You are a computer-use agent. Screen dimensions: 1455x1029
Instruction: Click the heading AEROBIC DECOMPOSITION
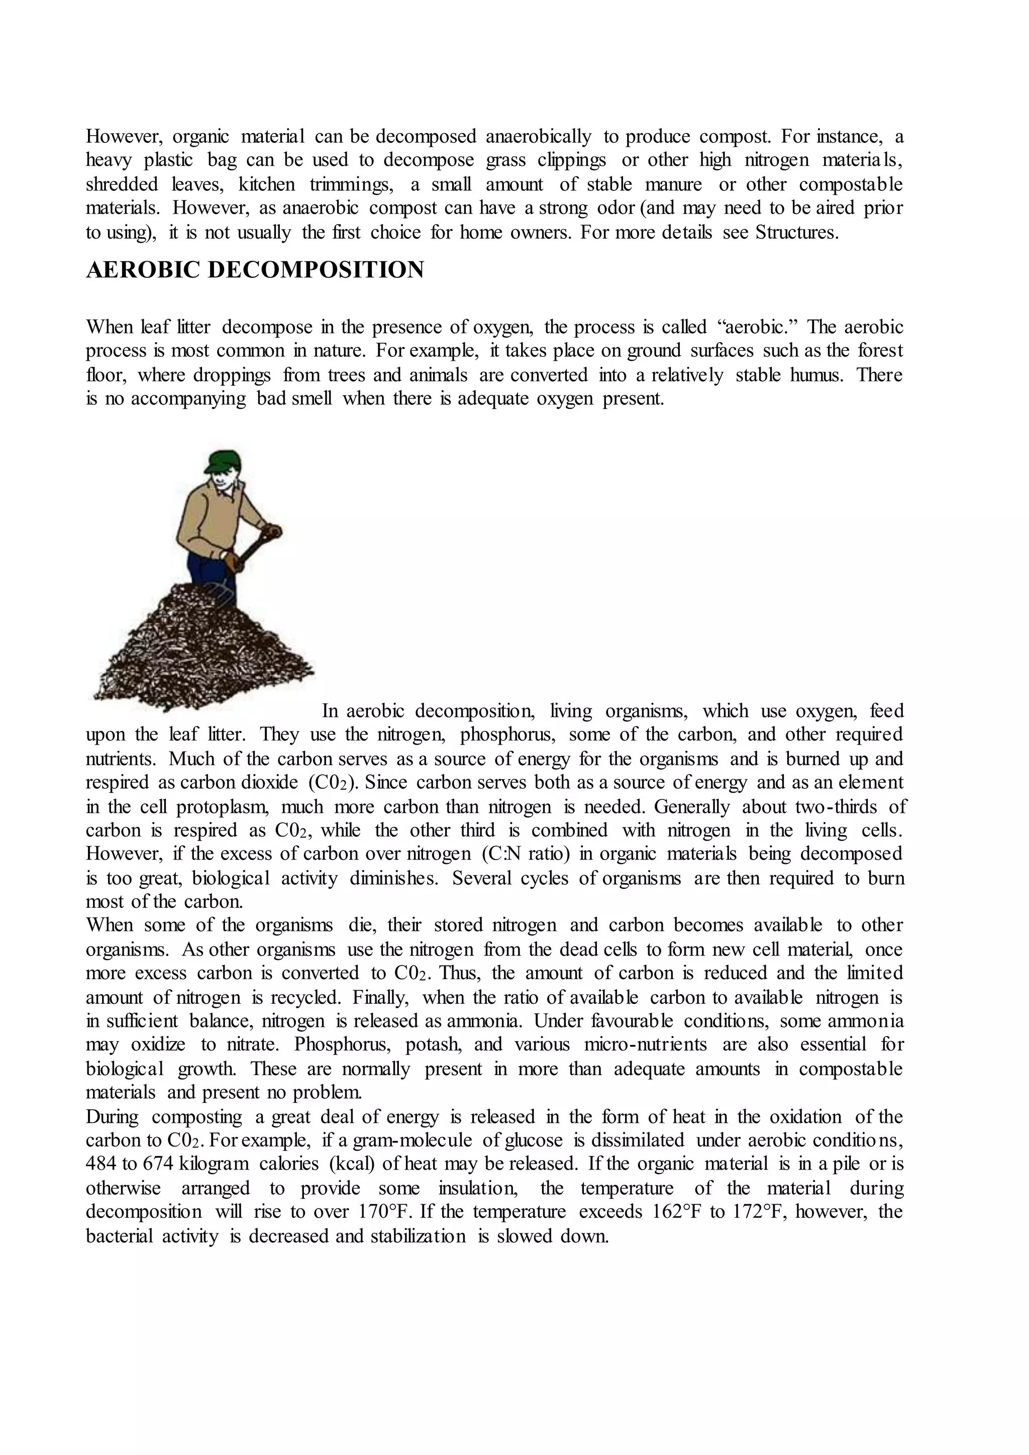pos(255,270)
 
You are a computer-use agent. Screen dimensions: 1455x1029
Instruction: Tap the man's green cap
pos(223,460)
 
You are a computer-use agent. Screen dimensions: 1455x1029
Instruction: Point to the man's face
pos(223,480)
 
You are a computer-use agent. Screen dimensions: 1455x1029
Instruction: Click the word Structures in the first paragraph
pos(796,233)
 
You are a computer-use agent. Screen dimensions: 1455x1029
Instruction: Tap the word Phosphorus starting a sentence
pos(343,1045)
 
